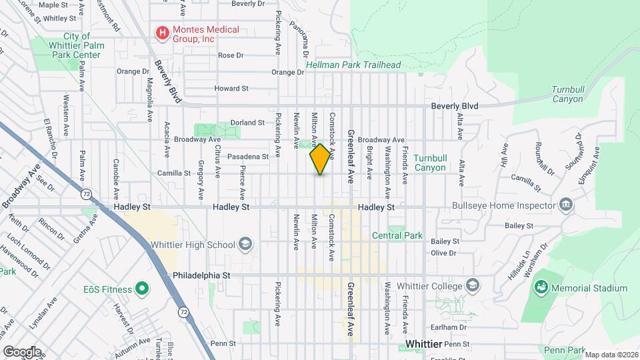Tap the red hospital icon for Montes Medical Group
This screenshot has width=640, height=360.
161,31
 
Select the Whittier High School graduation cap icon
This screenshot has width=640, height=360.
245,245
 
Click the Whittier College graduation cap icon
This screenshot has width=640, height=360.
473,286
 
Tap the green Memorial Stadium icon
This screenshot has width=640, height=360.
541,288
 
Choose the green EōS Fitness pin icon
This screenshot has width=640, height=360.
141,289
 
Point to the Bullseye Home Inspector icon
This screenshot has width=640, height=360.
566,204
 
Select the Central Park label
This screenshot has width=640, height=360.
397,235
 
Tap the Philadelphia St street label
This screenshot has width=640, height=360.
201,275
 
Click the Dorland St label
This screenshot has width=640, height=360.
247,123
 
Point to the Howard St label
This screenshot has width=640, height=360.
231,88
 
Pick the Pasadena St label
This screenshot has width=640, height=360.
247,157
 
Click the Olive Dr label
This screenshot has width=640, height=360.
443,253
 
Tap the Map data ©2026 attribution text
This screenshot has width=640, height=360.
611,355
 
